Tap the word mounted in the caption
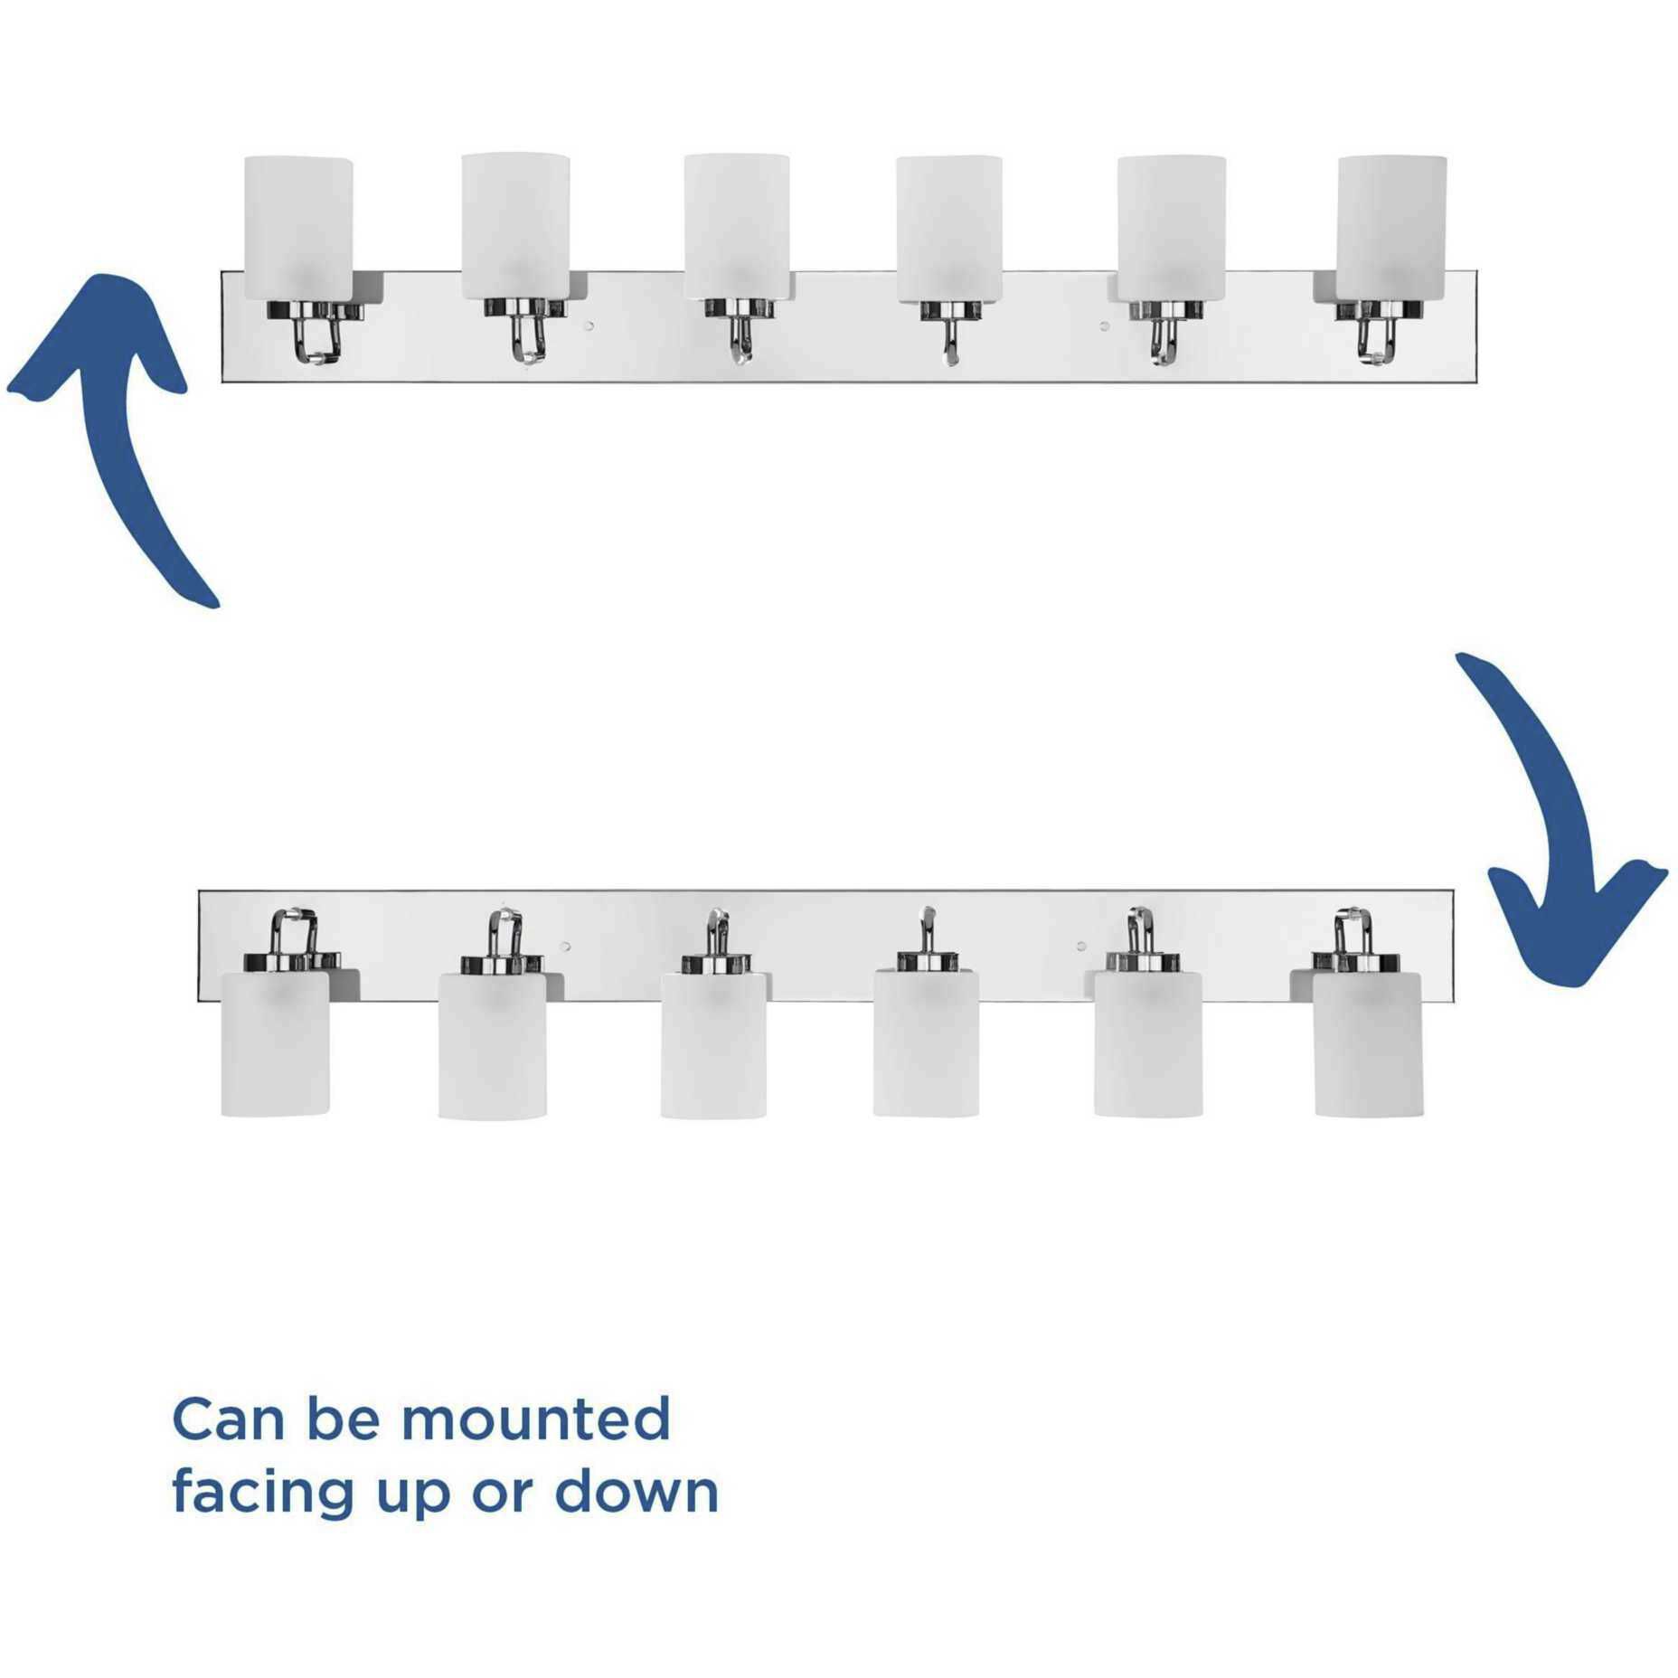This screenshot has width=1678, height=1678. (536, 1418)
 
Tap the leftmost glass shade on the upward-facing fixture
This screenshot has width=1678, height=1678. (298, 229)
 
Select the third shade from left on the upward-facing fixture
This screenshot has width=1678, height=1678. (736, 227)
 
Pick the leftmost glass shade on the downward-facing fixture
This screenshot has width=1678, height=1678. (275, 1042)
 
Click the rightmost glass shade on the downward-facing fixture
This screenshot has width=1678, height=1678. (1369, 1043)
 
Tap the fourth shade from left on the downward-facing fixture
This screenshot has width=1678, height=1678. (926, 1043)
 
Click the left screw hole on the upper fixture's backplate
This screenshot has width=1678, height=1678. (589, 325)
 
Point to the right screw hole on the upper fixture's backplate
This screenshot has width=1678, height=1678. (1103, 325)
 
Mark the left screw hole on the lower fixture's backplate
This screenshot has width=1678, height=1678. (565, 947)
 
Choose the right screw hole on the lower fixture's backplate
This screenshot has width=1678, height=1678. (1080, 947)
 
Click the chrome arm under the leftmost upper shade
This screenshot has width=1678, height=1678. (316, 333)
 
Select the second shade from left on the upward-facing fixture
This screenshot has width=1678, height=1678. (515, 226)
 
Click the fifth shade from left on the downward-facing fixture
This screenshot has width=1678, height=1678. (1148, 1043)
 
